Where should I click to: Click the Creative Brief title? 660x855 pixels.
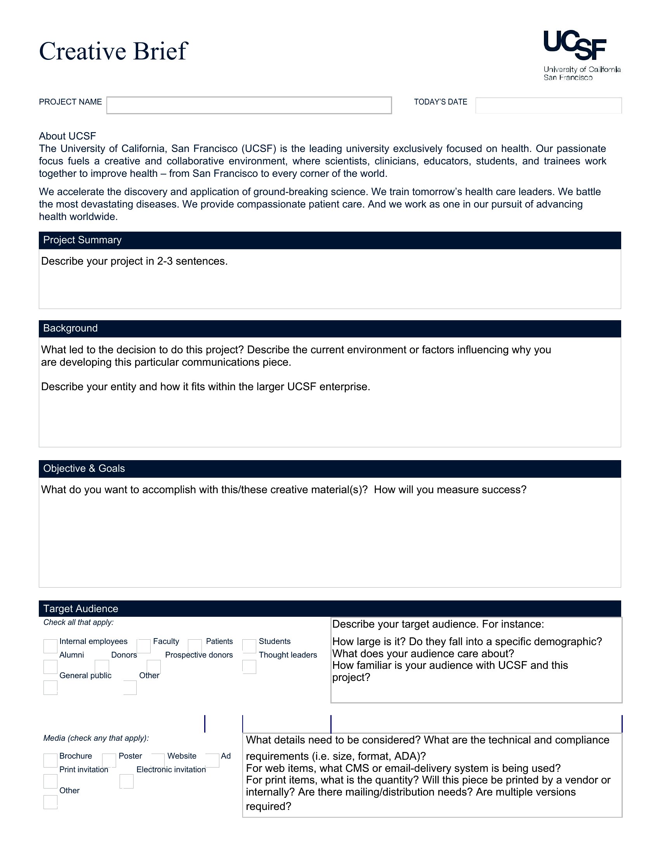113,51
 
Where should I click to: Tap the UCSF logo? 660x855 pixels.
582,55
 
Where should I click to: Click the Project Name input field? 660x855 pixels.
249,105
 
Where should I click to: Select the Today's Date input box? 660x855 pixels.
548,105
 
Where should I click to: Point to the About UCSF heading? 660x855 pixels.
67,136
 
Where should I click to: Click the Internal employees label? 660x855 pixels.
94,641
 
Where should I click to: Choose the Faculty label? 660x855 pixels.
166,641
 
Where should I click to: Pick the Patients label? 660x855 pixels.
219,641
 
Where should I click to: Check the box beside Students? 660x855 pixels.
249,646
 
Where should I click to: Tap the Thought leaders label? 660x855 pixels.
288,655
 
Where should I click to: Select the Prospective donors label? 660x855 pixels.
199,655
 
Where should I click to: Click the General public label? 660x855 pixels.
85,675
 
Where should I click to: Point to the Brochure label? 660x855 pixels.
75,756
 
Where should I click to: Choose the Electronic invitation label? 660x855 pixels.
171,769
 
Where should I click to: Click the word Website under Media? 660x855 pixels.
182,756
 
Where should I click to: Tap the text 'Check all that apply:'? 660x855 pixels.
78,623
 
